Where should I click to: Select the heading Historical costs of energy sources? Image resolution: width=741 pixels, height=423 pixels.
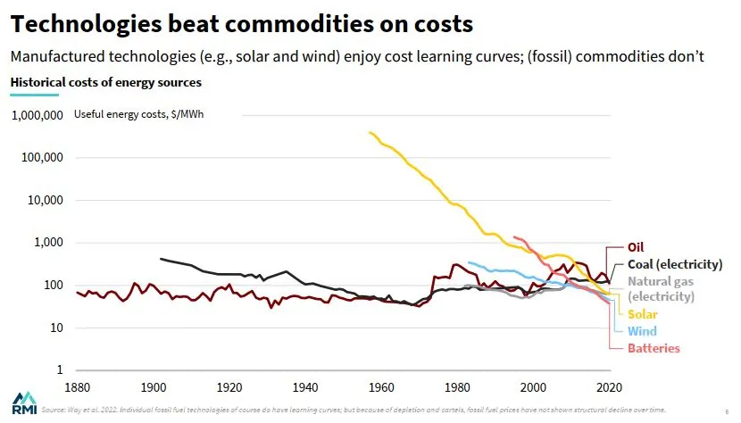(x=105, y=82)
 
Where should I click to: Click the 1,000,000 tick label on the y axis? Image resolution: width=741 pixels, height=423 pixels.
(x=37, y=115)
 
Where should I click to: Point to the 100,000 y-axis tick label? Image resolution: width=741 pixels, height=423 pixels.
(x=42, y=158)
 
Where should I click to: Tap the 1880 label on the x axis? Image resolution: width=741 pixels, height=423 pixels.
(x=78, y=388)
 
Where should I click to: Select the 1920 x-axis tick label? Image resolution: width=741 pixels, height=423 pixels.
(x=230, y=388)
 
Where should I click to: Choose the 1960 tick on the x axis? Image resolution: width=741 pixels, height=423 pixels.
(x=382, y=388)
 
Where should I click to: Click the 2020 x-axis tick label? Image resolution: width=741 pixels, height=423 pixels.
(x=610, y=388)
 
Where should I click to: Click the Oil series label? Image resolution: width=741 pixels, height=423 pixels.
(x=636, y=247)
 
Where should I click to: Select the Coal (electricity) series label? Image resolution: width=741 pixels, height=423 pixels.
(x=674, y=264)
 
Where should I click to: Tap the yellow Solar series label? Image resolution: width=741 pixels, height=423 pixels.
(x=643, y=314)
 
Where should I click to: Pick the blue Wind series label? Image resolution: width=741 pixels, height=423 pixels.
(x=641, y=331)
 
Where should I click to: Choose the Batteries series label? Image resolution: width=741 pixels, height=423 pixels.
(x=654, y=348)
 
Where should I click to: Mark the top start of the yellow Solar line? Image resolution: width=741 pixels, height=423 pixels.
(x=369, y=132)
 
